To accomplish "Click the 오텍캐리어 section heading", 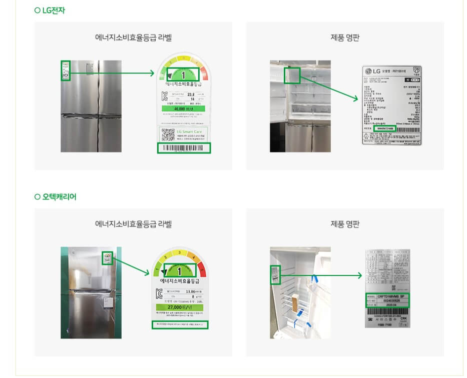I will (x=55, y=197).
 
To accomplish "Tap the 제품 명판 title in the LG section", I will (x=345, y=37).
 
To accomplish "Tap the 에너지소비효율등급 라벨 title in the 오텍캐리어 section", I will (x=133, y=224).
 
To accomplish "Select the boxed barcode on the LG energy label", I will (x=184, y=148).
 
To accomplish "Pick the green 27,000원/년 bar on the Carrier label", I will (x=179, y=307).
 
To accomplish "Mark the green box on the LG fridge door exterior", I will (x=65, y=70).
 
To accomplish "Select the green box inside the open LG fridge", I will (x=292, y=75).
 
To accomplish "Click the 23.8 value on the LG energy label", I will (x=190, y=94).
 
